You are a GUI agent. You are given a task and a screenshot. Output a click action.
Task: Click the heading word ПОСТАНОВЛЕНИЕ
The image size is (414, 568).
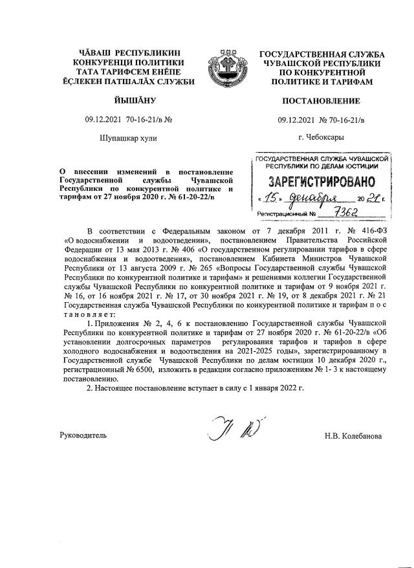(x=321, y=102)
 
